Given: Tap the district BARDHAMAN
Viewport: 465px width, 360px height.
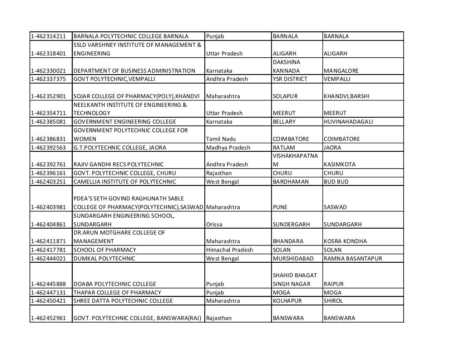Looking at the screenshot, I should tap(290, 182).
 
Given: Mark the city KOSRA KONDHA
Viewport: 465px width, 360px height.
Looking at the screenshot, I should tap(345, 241).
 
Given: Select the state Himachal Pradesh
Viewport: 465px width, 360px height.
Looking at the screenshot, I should tap(229, 250).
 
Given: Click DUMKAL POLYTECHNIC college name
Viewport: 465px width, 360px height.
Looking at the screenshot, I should tap(104, 259).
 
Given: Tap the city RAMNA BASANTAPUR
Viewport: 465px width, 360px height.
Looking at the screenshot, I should tap(353, 259).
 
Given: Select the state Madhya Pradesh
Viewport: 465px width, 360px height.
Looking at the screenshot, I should tap(228, 148).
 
